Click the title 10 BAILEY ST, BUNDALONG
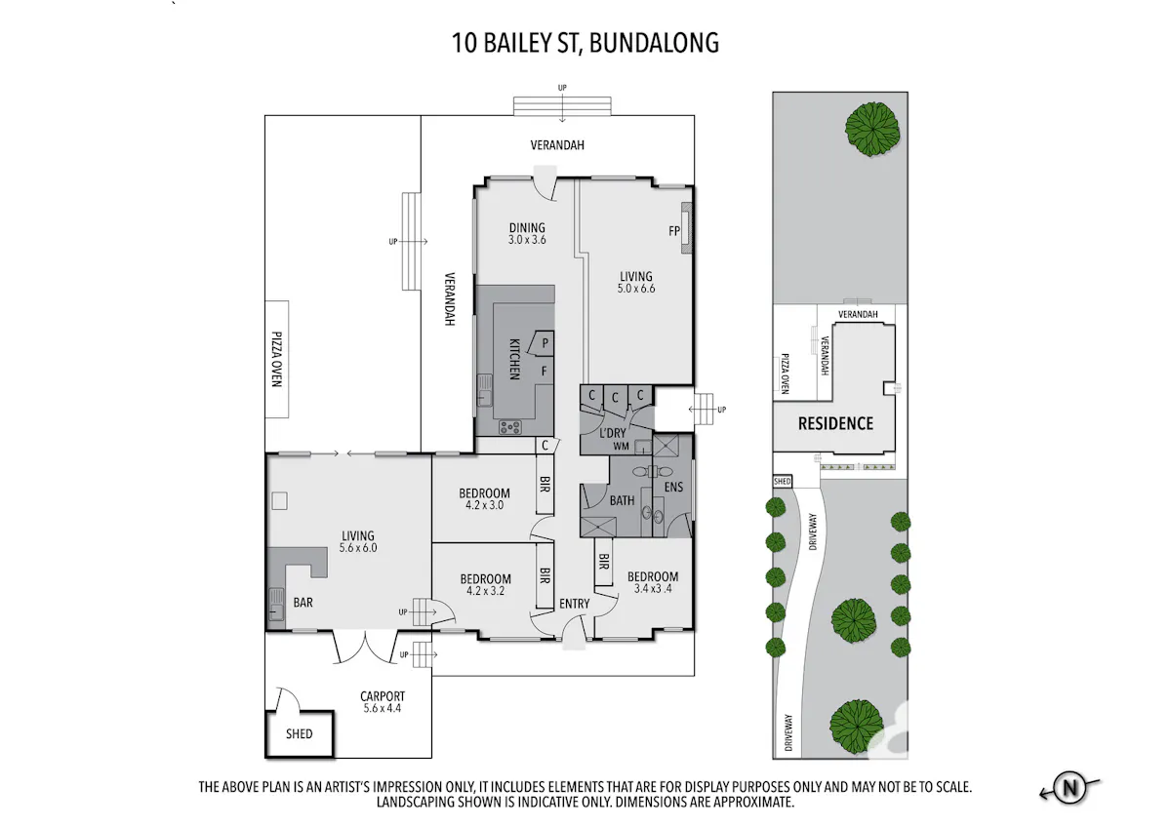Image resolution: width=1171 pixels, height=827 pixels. coord(585,43)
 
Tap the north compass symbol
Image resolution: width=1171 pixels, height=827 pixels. coord(1070,787)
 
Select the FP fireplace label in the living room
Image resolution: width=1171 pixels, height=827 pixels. coord(674,230)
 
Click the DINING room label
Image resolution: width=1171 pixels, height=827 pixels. coord(527,228)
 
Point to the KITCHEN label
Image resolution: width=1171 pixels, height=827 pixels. coord(514,359)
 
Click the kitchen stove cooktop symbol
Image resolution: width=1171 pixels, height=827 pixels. coord(509,427)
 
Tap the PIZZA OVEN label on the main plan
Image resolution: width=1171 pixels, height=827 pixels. coord(276,359)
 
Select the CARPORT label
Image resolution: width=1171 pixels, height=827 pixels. coord(383,696)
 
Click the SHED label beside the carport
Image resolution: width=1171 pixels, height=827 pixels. coord(299,733)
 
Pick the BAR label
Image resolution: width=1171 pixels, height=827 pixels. coord(303,603)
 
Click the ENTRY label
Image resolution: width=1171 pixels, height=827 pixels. coord(574,604)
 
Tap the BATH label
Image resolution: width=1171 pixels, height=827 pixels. coord(623,500)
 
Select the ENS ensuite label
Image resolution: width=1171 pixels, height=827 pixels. coord(673,487)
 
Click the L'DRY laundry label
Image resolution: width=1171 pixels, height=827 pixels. coord(613,433)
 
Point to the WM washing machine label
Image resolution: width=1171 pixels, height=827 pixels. coord(621,446)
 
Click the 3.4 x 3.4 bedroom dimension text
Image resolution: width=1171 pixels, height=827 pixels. coord(653,588)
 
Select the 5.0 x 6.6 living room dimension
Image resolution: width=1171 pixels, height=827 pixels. coord(635,288)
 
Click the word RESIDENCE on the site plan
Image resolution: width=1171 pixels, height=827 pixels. coord(835,423)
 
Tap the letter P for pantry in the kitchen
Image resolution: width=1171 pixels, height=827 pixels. coord(545,343)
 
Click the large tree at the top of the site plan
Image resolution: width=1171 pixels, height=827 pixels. coord(872,129)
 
